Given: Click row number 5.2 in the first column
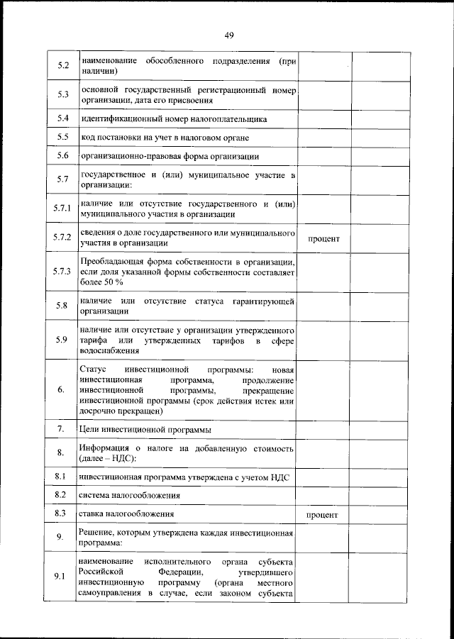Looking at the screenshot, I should (x=62, y=66).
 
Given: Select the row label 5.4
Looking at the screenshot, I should (x=62, y=118).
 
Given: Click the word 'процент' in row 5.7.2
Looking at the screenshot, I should (x=323, y=239).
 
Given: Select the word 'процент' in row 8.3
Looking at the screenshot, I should (x=321, y=513).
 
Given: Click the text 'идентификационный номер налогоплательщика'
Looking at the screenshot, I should (x=173, y=118).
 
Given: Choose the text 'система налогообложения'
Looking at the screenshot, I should (x=129, y=495).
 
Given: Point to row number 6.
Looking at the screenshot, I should (x=62, y=389).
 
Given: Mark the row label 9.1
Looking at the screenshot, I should (x=62, y=576).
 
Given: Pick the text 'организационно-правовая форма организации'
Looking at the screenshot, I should (x=170, y=155).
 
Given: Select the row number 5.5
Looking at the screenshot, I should (x=62, y=136).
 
